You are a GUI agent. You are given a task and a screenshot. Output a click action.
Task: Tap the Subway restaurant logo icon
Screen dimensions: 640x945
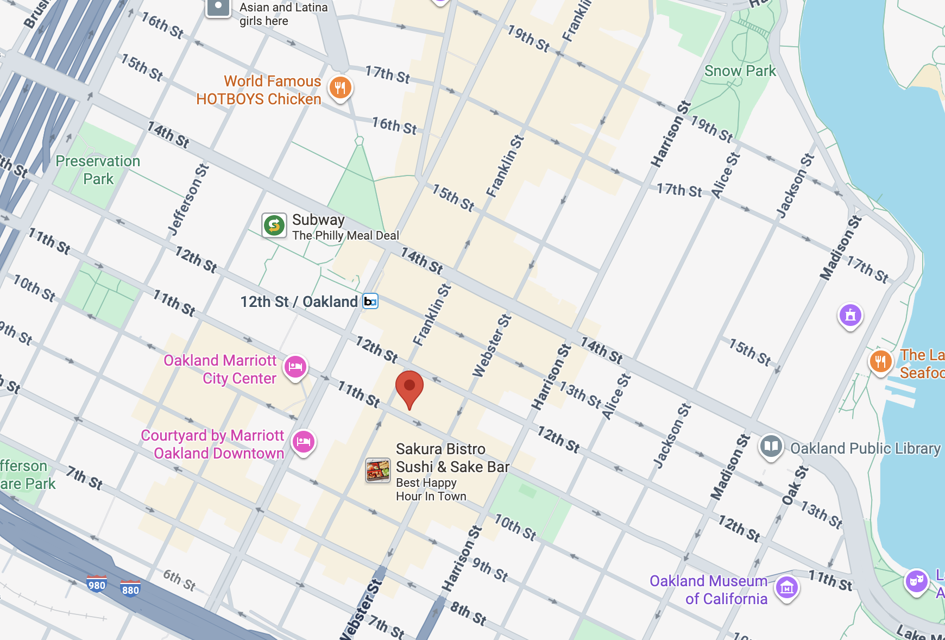tap(274, 225)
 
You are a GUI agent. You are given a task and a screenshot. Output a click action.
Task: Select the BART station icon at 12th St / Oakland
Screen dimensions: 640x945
tap(370, 302)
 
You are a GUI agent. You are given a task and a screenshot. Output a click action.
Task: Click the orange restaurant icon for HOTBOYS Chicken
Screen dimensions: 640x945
tap(341, 87)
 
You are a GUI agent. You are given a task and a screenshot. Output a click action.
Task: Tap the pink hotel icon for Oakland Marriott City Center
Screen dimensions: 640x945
tap(295, 367)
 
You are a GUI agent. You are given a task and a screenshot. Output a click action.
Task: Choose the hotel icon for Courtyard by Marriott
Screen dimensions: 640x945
tap(304, 442)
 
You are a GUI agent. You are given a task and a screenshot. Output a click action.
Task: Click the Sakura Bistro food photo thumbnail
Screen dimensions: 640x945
tap(377, 470)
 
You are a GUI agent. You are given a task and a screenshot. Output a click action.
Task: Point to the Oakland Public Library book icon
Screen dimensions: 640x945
tap(771, 447)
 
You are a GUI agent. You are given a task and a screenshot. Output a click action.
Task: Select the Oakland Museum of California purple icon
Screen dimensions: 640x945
tap(787, 587)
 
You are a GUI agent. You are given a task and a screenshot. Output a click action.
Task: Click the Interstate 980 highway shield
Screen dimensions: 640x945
tap(97, 585)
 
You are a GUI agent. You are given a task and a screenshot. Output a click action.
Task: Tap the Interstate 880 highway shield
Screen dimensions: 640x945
tap(130, 589)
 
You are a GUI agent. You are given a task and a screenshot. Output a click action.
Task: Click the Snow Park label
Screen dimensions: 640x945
tap(740, 71)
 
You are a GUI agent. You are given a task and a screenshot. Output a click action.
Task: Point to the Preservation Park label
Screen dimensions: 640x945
tap(98, 170)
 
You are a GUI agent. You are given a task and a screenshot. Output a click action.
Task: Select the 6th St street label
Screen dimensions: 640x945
tap(179, 580)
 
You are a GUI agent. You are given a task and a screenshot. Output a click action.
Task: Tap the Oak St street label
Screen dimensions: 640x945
tap(795, 485)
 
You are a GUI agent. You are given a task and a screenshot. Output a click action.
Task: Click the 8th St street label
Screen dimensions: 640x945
tap(468, 613)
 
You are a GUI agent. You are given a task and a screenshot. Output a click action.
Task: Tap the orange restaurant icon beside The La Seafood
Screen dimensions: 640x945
tap(880, 361)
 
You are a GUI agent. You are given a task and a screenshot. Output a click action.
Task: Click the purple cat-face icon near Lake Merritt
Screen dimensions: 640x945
tap(916, 581)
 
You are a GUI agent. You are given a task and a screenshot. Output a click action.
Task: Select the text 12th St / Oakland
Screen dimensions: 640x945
tap(299, 302)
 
